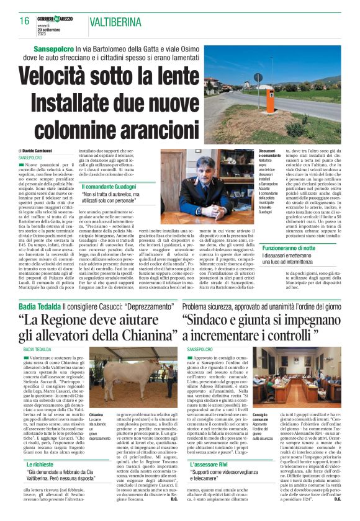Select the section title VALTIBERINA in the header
[x=118, y=22]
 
